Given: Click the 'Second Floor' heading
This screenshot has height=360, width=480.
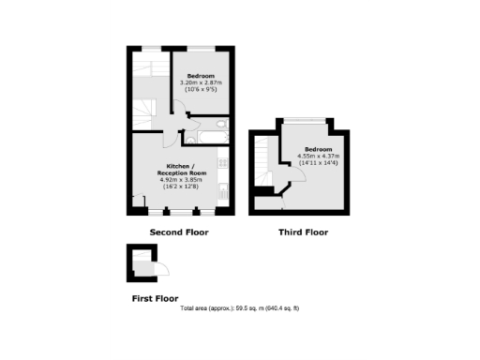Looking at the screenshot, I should click(179, 232).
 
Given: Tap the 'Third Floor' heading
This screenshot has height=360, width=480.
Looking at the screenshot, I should click(303, 232).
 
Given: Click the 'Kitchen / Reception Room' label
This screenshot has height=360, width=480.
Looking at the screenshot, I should click(179, 170).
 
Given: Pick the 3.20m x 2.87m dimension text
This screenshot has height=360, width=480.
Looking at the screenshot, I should click(202, 82).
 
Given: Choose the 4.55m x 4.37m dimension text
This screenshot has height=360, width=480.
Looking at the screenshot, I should click(315, 157).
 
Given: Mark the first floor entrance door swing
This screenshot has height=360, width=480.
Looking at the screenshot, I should click(160, 270).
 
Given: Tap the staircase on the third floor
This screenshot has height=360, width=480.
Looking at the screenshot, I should click(264, 155).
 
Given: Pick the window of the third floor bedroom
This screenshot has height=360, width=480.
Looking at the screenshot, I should click(305, 120).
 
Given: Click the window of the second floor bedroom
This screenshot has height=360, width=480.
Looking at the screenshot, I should click(202, 50).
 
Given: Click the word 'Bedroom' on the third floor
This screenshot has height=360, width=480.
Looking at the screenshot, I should click(316, 149).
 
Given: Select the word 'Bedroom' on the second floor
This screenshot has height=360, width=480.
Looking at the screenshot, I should click(202, 75).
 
